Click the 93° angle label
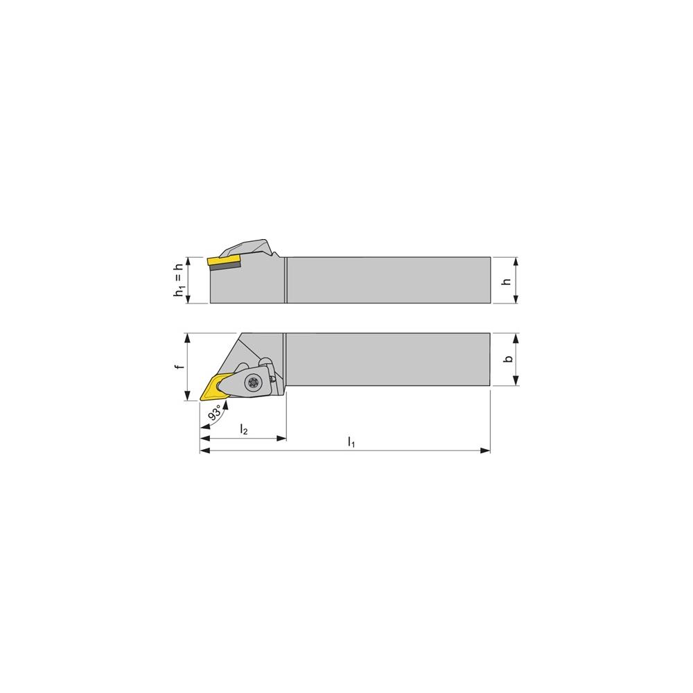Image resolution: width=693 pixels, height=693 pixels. click(216, 414)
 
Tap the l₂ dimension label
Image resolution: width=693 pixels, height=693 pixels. click(243, 430)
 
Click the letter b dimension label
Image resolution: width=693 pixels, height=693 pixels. click(508, 360)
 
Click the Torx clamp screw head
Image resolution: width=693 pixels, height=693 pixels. click(252, 380)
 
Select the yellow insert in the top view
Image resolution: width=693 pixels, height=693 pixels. click(215, 387)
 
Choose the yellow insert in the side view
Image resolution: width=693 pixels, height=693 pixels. click(223, 261)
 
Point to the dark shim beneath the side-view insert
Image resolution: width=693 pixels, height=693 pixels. click(226, 266)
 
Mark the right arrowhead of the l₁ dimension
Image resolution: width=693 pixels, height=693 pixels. click(486, 451)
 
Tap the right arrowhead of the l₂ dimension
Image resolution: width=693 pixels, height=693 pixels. click(283, 438)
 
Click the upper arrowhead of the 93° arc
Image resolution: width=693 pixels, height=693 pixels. click(223, 403)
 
